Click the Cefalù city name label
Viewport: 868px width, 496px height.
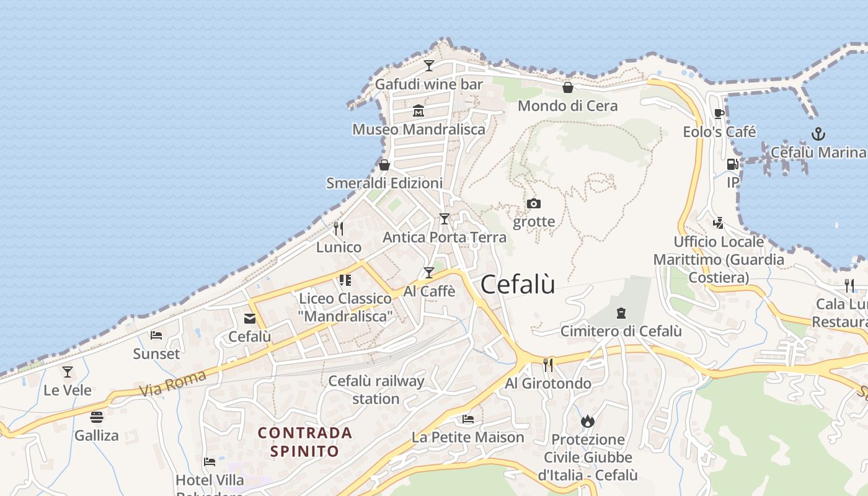coord(518,285)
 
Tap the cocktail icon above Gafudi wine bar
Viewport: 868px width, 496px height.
coord(428,65)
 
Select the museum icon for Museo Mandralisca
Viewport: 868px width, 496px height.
coord(418,111)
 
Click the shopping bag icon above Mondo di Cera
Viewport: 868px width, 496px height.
coord(567,87)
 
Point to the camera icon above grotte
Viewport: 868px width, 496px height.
coord(534,203)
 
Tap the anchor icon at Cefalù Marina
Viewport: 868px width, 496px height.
coord(818,134)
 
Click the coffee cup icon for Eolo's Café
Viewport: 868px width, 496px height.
coord(719,113)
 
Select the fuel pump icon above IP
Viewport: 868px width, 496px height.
coord(733,164)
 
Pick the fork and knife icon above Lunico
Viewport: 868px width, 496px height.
coord(339,229)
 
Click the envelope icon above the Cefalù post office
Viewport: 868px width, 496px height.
coord(250,319)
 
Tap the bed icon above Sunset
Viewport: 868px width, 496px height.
coord(156,335)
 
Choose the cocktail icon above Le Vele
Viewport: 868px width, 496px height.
coord(68,372)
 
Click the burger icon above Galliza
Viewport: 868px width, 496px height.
coord(96,417)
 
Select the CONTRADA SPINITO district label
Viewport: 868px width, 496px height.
coord(304,441)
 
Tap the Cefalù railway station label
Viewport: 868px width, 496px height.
coord(376,389)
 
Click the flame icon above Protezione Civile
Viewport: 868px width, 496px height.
coord(588,422)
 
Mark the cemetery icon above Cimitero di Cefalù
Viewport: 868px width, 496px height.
coord(621,313)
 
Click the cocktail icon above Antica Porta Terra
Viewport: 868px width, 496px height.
coord(444,219)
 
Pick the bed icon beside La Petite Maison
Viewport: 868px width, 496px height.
coord(468,419)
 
